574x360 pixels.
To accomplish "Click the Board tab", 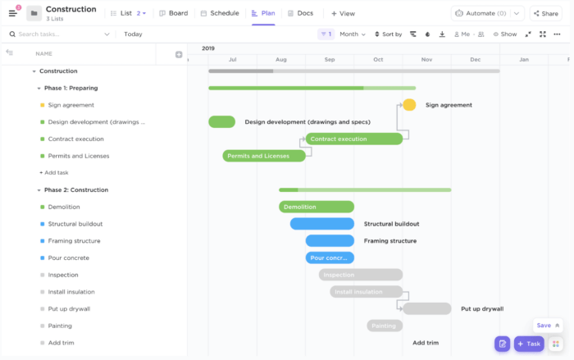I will (x=174, y=13).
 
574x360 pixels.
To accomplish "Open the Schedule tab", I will (x=220, y=13).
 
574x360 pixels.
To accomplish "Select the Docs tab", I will (x=300, y=13).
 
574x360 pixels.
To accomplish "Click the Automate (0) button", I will (x=487, y=13).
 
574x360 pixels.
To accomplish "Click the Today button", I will (x=133, y=34).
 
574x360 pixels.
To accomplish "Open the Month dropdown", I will (x=353, y=34).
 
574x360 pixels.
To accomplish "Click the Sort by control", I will (x=388, y=34).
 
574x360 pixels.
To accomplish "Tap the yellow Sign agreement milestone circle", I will (x=409, y=105).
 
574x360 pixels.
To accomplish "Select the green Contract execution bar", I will (x=354, y=139).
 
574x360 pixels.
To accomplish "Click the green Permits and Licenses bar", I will (x=263, y=156).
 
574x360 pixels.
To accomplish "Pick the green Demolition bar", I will (x=317, y=207).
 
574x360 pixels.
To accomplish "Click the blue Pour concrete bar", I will (x=330, y=257).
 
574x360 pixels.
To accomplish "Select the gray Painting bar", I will (x=384, y=326).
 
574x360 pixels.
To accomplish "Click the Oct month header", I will (x=378, y=59).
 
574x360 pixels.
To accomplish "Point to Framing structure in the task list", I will (x=74, y=241).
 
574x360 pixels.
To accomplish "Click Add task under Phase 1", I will (x=54, y=173).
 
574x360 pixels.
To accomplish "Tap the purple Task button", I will (x=529, y=344).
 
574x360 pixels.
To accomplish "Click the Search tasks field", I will (x=57, y=34).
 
